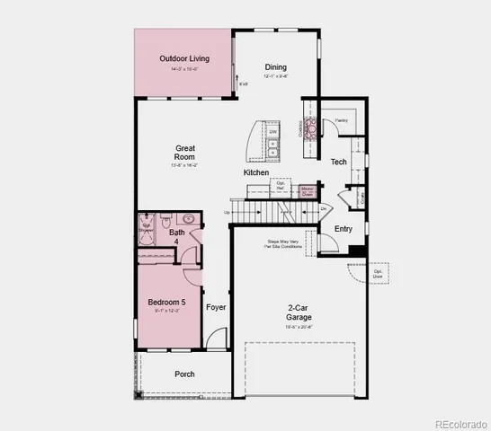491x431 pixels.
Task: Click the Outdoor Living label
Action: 184,59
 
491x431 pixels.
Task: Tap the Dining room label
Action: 276,67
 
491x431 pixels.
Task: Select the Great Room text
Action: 185,154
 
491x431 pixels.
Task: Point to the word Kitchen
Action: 256,172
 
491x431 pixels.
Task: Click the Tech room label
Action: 338,162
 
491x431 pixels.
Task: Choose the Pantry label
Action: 341,119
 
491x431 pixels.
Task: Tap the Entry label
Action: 344,229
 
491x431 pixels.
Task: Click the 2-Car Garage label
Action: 299,312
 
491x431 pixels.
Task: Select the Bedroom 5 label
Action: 166,303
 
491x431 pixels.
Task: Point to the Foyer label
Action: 216,307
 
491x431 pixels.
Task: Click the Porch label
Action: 184,374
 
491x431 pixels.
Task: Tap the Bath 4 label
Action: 177,238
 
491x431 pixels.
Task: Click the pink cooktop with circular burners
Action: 312,129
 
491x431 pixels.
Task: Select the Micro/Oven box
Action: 308,189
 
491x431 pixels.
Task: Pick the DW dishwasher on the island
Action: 272,132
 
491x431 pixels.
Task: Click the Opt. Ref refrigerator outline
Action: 281,186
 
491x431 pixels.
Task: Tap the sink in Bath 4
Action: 188,219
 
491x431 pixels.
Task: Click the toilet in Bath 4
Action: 166,220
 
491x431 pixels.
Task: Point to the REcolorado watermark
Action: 460,423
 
